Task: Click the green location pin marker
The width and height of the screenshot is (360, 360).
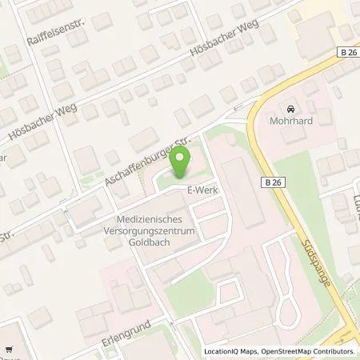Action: tap(180, 166)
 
